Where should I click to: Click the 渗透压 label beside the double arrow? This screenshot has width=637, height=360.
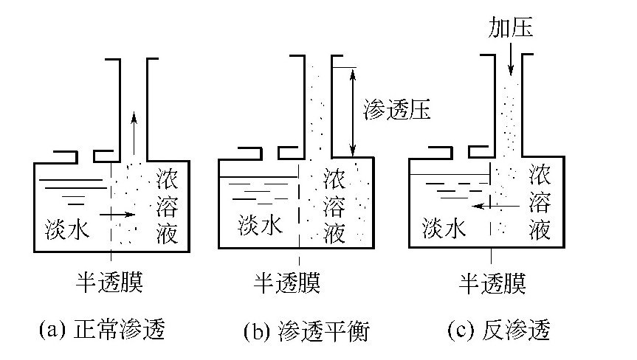pyautogui.click(x=397, y=111)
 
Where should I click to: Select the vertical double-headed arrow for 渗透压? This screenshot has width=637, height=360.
pyautogui.click(x=354, y=111)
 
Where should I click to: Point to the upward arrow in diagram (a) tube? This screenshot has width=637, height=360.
pyautogui.click(x=133, y=129)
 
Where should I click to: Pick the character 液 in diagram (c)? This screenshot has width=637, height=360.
pyautogui.click(x=540, y=231)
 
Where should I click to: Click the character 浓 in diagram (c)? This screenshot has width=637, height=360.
pyautogui.click(x=540, y=175)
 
